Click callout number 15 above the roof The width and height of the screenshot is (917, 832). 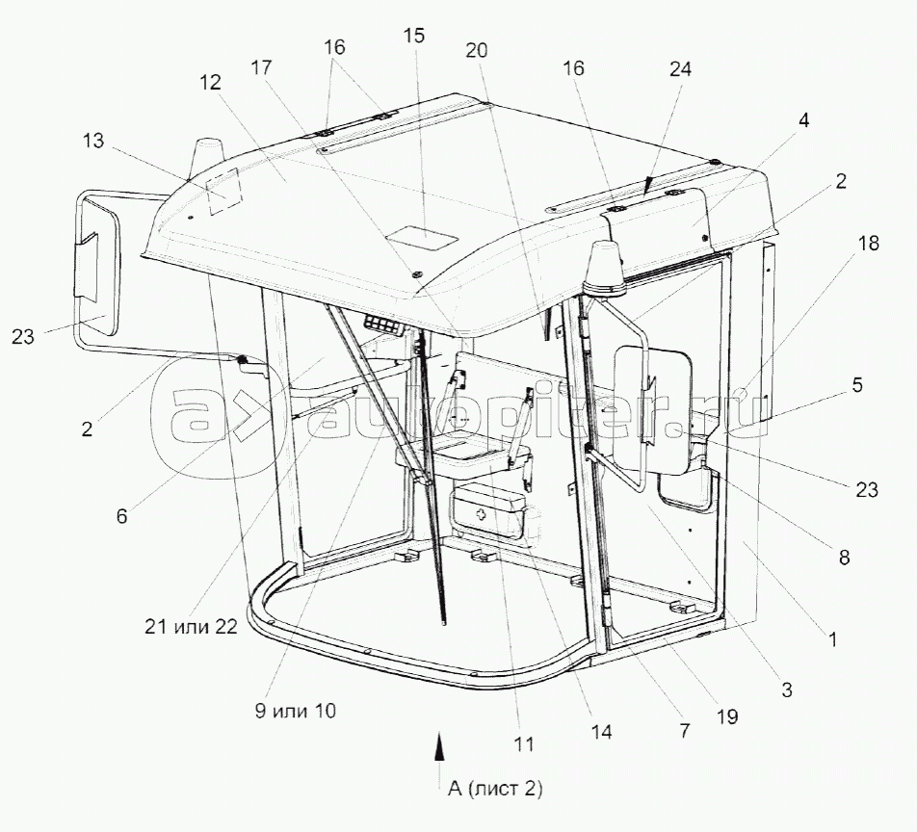413,35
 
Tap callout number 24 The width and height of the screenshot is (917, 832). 680,69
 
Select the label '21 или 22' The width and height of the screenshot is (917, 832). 192,627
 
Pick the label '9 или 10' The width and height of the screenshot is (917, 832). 296,711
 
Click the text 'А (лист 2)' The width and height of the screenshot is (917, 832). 495,789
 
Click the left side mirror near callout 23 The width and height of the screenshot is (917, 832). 97,267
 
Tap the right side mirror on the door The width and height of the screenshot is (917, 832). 652,403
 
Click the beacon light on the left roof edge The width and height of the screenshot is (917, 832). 207,156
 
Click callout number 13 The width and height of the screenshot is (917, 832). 93,141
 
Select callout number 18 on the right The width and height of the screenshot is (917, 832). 869,244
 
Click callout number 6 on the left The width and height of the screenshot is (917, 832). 121,516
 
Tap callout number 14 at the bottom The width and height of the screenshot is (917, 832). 601,732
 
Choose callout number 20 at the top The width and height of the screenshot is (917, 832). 477,51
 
